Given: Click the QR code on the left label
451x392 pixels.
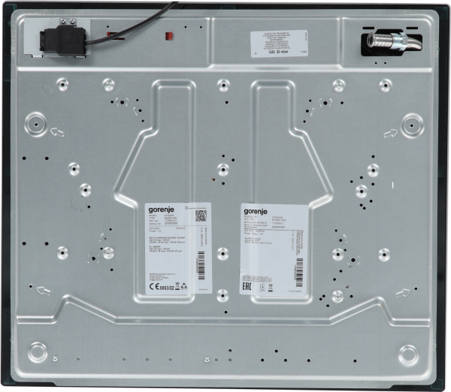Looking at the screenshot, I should (x=199, y=216).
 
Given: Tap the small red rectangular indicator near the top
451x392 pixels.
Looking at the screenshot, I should (x=169, y=35).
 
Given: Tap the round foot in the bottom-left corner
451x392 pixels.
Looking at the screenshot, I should (x=38, y=351).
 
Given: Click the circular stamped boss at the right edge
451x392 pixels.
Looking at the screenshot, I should (x=412, y=125).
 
